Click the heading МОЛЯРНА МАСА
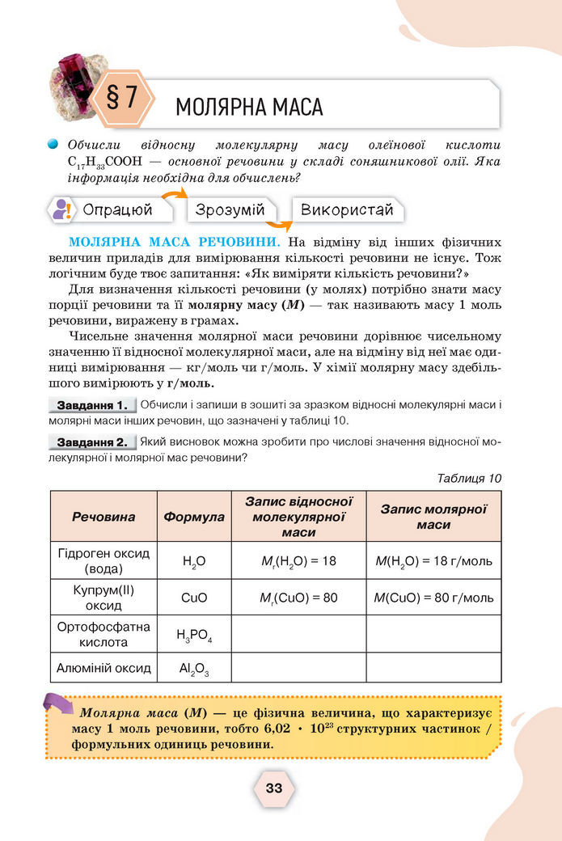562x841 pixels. point(249,107)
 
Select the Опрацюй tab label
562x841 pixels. point(118,210)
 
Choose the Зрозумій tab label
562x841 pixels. point(230,210)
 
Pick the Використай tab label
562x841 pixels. point(347,210)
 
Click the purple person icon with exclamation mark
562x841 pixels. point(62,210)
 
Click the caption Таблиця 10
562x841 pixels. point(469,478)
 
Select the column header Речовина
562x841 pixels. point(104,516)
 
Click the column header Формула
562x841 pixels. point(194,516)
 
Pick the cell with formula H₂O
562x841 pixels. point(194,560)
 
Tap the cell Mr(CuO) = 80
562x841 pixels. point(298,598)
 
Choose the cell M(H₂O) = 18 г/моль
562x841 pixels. point(433,560)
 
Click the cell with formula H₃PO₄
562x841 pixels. point(194,635)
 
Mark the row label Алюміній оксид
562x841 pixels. point(104,668)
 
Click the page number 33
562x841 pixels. point(273,788)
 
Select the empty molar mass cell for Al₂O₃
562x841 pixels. point(433,668)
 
